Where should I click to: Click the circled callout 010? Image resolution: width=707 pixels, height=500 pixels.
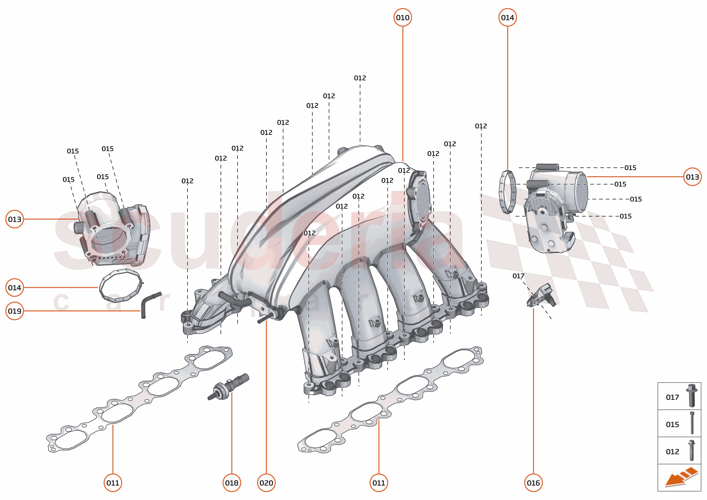point(402,18)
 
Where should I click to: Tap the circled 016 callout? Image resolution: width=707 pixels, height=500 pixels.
point(533,482)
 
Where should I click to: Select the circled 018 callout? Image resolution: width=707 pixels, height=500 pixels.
point(231,482)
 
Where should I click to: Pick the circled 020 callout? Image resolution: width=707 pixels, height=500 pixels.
point(266,482)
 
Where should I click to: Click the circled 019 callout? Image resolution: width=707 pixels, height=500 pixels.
point(14,311)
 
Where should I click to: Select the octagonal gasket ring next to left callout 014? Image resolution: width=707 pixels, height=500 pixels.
point(121,286)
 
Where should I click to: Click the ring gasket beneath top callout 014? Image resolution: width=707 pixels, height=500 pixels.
point(507,192)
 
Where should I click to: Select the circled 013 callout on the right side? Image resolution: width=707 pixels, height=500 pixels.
point(692,177)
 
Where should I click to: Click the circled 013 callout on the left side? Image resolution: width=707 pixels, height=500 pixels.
point(14,219)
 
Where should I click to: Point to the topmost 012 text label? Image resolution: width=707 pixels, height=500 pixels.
point(359,78)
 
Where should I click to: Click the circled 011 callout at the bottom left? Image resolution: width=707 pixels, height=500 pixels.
point(113,482)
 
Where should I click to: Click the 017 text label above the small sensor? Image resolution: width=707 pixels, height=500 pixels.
point(518,276)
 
